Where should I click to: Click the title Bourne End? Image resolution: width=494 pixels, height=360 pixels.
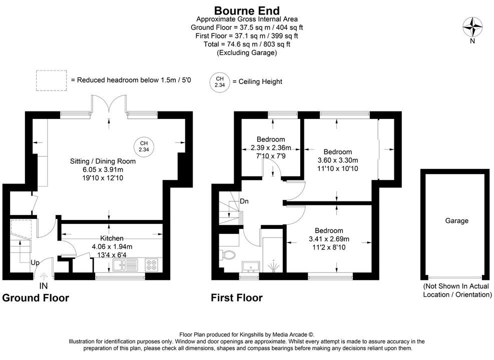point(247,10)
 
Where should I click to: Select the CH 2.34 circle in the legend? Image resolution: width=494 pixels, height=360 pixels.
point(219,81)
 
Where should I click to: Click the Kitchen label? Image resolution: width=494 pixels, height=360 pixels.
point(112,238)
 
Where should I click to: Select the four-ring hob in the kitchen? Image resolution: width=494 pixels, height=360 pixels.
point(152,264)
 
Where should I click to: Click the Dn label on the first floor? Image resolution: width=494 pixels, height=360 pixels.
point(245,201)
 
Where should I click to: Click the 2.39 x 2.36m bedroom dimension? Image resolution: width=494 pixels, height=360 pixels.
point(271,147)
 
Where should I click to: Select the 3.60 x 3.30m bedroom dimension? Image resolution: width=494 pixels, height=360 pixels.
point(338,160)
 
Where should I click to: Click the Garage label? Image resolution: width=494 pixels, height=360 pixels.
point(456,220)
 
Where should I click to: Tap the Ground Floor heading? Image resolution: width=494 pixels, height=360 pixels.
point(36,298)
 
